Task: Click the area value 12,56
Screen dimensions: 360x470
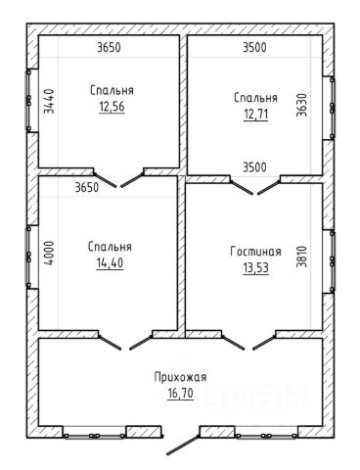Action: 112,107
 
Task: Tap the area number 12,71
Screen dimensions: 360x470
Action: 256,115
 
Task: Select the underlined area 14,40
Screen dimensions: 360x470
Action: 110,262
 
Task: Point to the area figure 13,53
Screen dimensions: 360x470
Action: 256,267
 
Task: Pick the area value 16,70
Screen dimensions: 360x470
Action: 180,393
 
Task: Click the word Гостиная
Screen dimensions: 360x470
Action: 255,252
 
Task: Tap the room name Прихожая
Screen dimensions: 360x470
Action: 180,377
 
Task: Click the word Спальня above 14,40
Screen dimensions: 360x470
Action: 110,247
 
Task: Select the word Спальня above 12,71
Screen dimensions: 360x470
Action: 256,98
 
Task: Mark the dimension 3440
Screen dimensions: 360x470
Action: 49,101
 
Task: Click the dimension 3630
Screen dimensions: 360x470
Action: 301,105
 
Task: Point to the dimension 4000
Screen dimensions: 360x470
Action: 49,253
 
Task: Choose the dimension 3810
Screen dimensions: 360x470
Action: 301,257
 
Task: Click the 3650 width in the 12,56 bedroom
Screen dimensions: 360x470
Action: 109,48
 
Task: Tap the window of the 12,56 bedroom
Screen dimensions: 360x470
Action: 28,100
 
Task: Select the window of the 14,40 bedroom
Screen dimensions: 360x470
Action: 28,257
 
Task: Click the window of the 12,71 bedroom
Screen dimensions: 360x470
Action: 332,108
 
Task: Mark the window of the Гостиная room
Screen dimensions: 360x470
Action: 332,261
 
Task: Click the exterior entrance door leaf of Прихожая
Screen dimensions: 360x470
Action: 183,445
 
